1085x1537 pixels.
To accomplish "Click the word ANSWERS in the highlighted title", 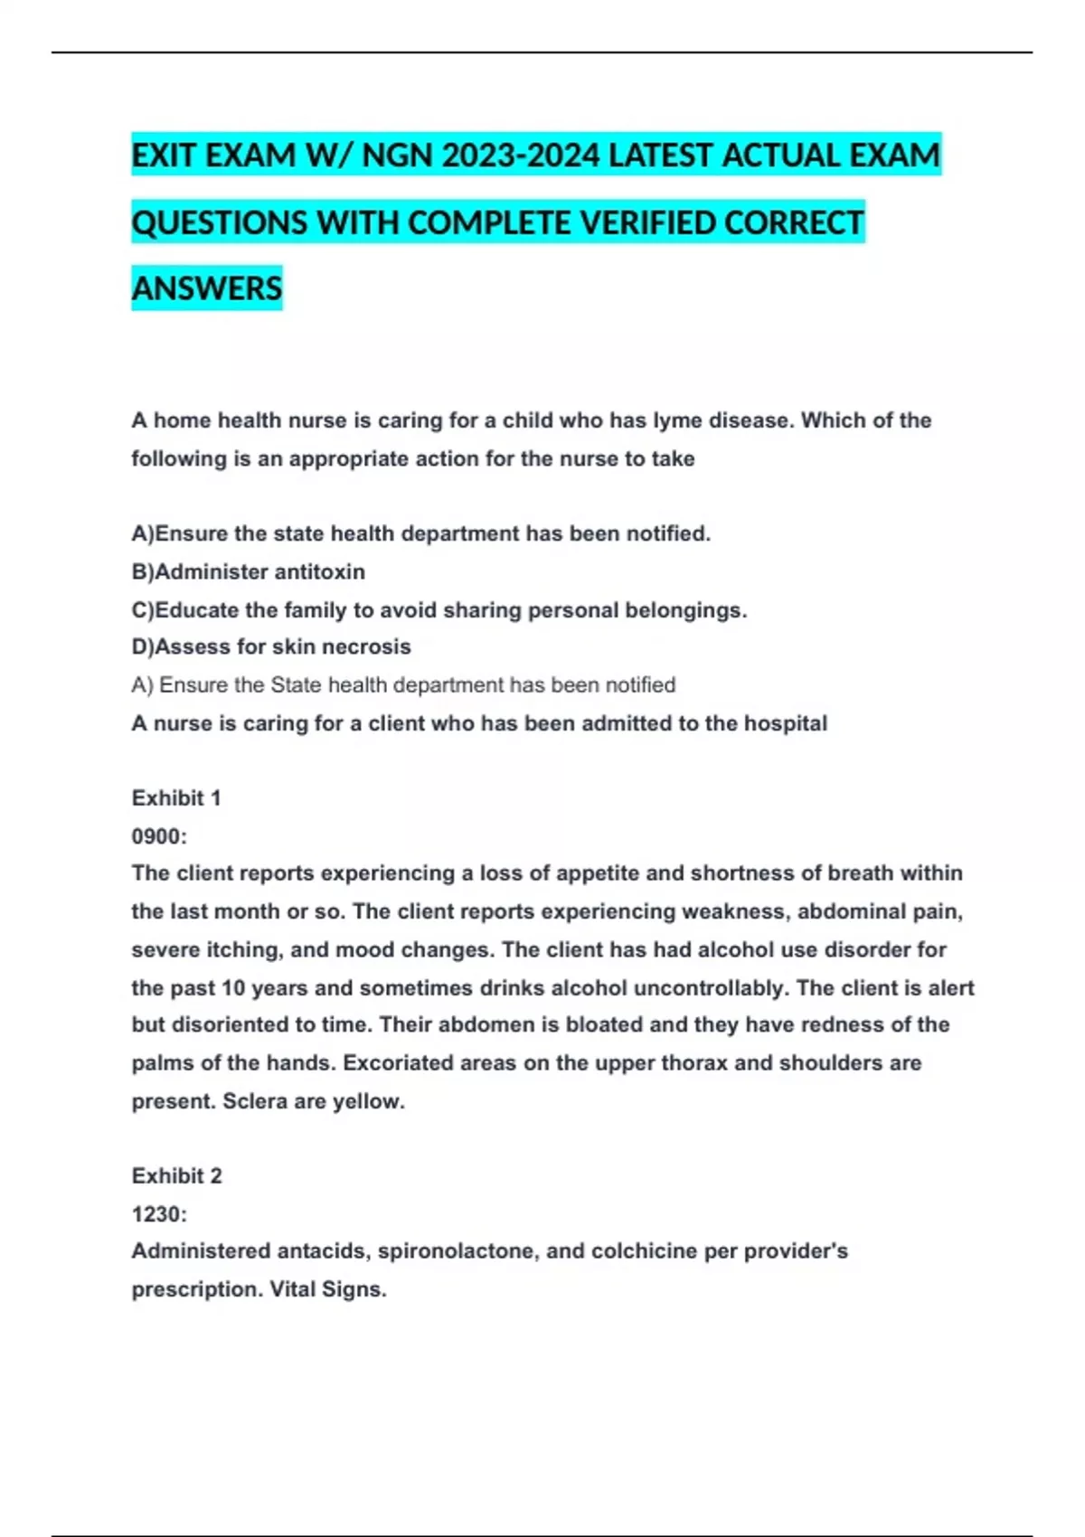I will point(207,288).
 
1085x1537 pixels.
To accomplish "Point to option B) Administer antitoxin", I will point(249,571).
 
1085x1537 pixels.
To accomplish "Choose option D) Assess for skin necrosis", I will point(271,646).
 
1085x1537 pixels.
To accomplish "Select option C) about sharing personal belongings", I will point(439,610).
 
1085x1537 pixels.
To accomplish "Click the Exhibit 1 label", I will point(176,798).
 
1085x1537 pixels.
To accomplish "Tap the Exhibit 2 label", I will point(176,1175).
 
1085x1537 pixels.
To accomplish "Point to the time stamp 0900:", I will point(159,836).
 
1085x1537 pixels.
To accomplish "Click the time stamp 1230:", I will point(159,1214).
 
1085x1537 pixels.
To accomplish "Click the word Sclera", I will point(255,1101).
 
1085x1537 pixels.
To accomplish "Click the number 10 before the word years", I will point(233,988).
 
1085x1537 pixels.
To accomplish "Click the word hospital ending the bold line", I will point(785,723).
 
